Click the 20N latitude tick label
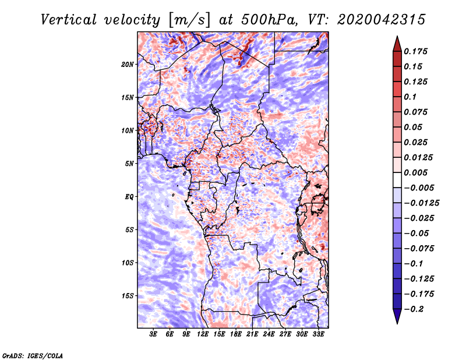coord(128,64)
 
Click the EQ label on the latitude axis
coord(129,196)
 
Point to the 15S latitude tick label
coord(128,295)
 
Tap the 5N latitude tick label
coord(130,163)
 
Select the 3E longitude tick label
coord(154,334)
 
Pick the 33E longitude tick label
coord(319,334)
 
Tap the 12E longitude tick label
coord(203,334)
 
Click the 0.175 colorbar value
coord(416,51)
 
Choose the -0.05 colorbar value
coord(416,233)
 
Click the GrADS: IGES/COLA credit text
coord(32,354)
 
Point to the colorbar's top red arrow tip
coord(397,38)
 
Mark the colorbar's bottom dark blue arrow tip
coord(397,322)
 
